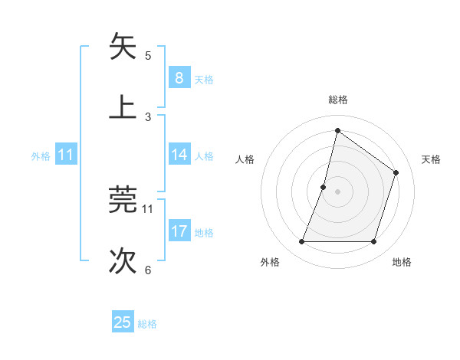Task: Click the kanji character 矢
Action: (x=123, y=47)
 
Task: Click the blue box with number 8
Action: (x=179, y=78)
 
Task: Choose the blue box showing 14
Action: (x=179, y=155)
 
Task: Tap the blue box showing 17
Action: (x=179, y=231)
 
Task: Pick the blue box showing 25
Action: (x=123, y=322)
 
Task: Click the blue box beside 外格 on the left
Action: (x=66, y=155)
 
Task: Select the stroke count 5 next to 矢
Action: (x=148, y=55)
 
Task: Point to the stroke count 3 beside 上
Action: (x=148, y=116)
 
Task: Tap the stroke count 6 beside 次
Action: (x=148, y=269)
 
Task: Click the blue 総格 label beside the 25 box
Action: (x=147, y=324)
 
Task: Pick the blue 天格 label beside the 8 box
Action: (x=204, y=79)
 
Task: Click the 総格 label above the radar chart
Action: (x=338, y=100)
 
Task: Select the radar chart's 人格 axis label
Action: (x=245, y=159)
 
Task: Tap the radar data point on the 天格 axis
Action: (x=396, y=173)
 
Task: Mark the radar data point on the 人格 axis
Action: (x=324, y=187)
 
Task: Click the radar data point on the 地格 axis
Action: (x=373, y=242)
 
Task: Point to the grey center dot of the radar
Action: (x=338, y=191)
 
